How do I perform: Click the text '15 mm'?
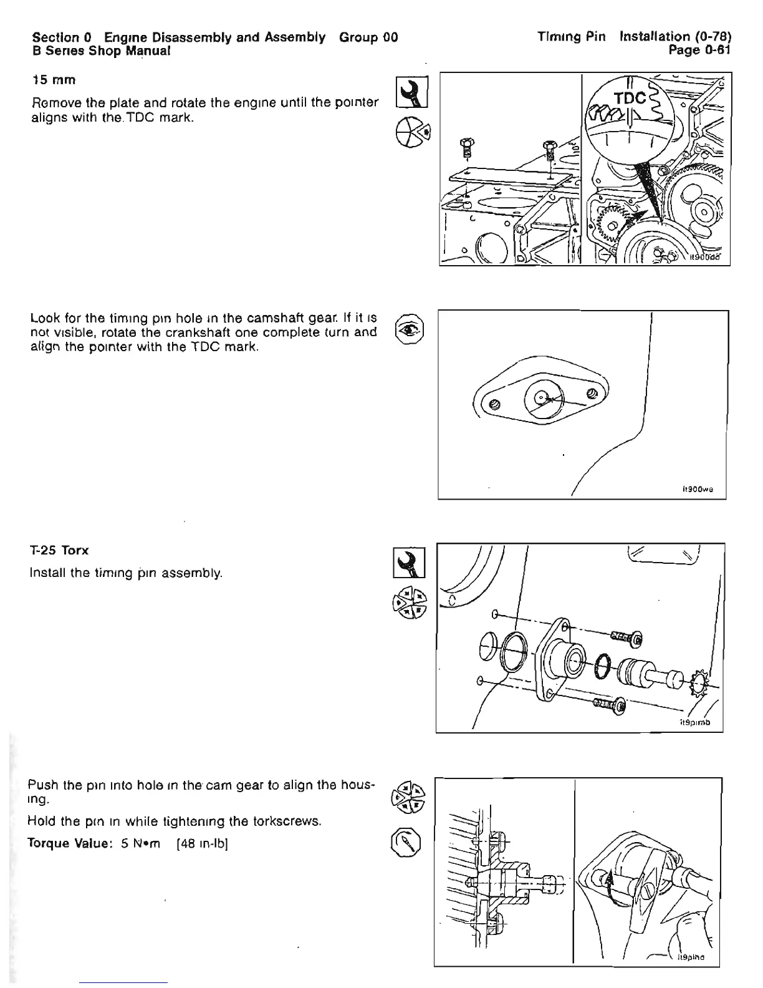[54, 80]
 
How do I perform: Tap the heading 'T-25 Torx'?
[59, 551]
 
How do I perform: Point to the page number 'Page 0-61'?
[698, 50]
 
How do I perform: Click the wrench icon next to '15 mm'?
[411, 92]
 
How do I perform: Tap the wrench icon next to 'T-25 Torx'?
[410, 563]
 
